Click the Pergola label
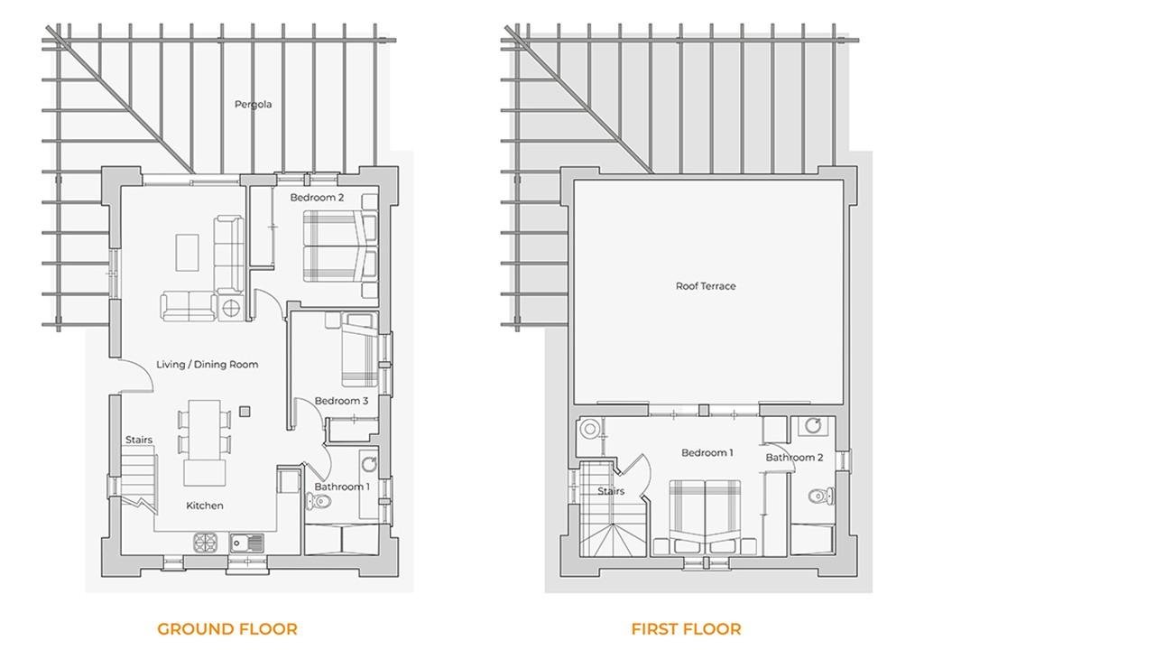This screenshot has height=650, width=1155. tap(253, 105)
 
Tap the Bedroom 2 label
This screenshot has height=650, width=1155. tap(317, 198)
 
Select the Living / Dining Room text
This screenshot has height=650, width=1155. tap(208, 365)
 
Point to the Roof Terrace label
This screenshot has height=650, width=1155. tap(706, 286)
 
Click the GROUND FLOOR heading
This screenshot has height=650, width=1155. tap(227, 629)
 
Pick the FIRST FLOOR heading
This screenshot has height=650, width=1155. tap(687, 629)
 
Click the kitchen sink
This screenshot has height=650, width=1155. tap(247, 543)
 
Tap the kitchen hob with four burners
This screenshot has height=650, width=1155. tap(206, 543)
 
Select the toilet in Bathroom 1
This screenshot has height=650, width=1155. tap(319, 501)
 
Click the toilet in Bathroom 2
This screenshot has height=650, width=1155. tap(821, 497)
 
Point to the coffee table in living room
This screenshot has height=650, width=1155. tap(187, 253)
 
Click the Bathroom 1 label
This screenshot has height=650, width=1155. tap(342, 487)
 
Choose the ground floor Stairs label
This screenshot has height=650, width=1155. tap(139, 440)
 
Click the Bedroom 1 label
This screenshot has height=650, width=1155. tap(707, 453)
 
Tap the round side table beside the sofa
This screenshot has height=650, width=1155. tap(231, 309)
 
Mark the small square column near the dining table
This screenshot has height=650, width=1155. tap(245, 411)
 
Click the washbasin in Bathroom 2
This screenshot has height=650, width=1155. tap(813, 426)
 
